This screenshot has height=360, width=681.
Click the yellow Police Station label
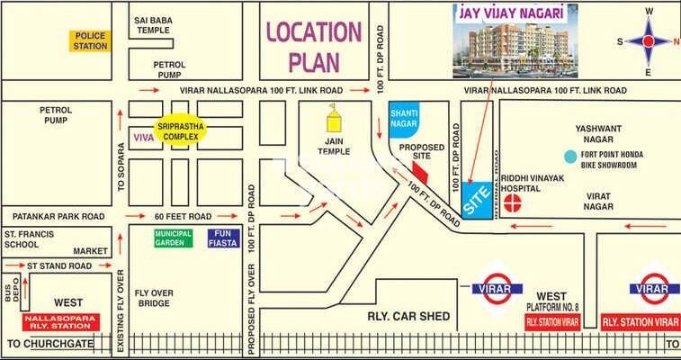point(90,40)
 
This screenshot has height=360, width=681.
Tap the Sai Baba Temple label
point(154,24)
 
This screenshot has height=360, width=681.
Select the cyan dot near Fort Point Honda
point(569,157)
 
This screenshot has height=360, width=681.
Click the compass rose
point(648,40)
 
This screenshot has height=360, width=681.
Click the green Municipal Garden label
point(173,238)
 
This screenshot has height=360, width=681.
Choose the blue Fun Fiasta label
point(222,238)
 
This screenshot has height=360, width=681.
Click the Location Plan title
point(312,47)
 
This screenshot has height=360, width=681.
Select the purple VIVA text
point(143,137)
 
